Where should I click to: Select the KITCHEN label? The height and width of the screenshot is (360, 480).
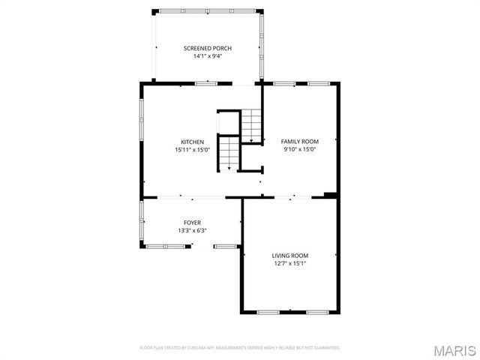pyautogui.click(x=192, y=142)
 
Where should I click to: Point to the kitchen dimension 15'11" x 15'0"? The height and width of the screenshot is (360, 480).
pyautogui.click(x=192, y=150)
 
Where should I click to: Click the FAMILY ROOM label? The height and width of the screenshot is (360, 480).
pyautogui.click(x=300, y=141)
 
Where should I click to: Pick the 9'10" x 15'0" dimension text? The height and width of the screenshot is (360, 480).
pyautogui.click(x=300, y=149)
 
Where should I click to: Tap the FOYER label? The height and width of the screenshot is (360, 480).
pyautogui.click(x=192, y=223)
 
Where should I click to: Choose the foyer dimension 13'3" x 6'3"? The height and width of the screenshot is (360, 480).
pyautogui.click(x=192, y=231)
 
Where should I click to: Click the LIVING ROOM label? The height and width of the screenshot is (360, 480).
pyautogui.click(x=290, y=255)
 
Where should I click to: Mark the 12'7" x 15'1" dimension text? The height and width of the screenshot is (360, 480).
pyautogui.click(x=290, y=263)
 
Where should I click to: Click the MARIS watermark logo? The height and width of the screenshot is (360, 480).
pyautogui.click(x=454, y=350)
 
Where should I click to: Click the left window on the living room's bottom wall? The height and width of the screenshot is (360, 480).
pyautogui.click(x=268, y=311)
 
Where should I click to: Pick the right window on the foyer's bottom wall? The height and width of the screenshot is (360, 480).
pyautogui.click(x=225, y=246)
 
